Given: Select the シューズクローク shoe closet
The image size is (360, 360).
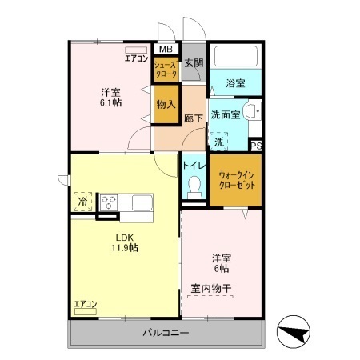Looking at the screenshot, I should point(167,69).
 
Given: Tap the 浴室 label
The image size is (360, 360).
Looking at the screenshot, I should point(235,83).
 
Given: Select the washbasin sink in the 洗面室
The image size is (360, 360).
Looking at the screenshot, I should point(253,112).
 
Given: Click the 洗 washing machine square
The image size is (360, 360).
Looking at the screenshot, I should point(219,141).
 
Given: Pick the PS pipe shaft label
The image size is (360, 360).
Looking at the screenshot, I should point(256,146).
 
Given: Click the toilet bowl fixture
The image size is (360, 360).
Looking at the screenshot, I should point(192,187).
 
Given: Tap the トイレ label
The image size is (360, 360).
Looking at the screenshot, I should point(192,166).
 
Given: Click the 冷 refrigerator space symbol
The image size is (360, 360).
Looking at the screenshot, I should point(82,202).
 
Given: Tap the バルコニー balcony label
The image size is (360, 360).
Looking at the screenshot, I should point(165,333).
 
